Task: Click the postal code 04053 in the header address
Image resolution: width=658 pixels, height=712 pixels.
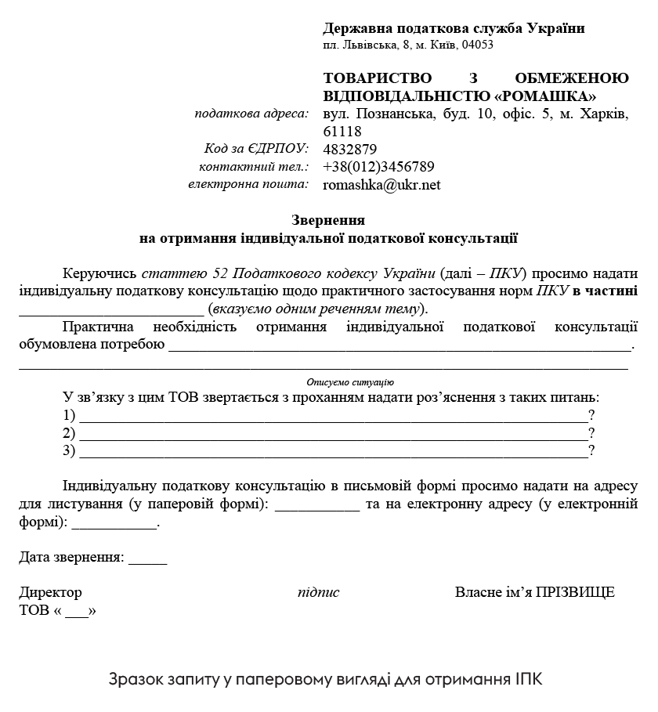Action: [478, 45]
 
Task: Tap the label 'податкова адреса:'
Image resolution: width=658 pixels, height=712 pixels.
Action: [251, 114]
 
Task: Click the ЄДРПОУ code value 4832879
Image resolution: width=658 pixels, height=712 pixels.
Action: [350, 150]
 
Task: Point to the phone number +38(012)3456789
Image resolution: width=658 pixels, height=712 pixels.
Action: [378, 167]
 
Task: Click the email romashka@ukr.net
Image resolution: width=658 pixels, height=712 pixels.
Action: [381, 185]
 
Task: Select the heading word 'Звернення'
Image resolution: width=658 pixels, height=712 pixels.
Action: [328, 220]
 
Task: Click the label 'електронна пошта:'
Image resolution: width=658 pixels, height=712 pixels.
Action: [248, 185]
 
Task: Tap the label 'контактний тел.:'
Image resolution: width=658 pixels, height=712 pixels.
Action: [254, 167]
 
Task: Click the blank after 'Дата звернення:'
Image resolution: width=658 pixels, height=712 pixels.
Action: [147, 559]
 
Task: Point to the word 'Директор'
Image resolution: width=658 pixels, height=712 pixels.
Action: [50, 592]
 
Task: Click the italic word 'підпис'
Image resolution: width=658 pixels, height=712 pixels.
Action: [318, 592]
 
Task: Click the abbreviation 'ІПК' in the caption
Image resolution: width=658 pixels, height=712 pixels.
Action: [529, 678]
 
